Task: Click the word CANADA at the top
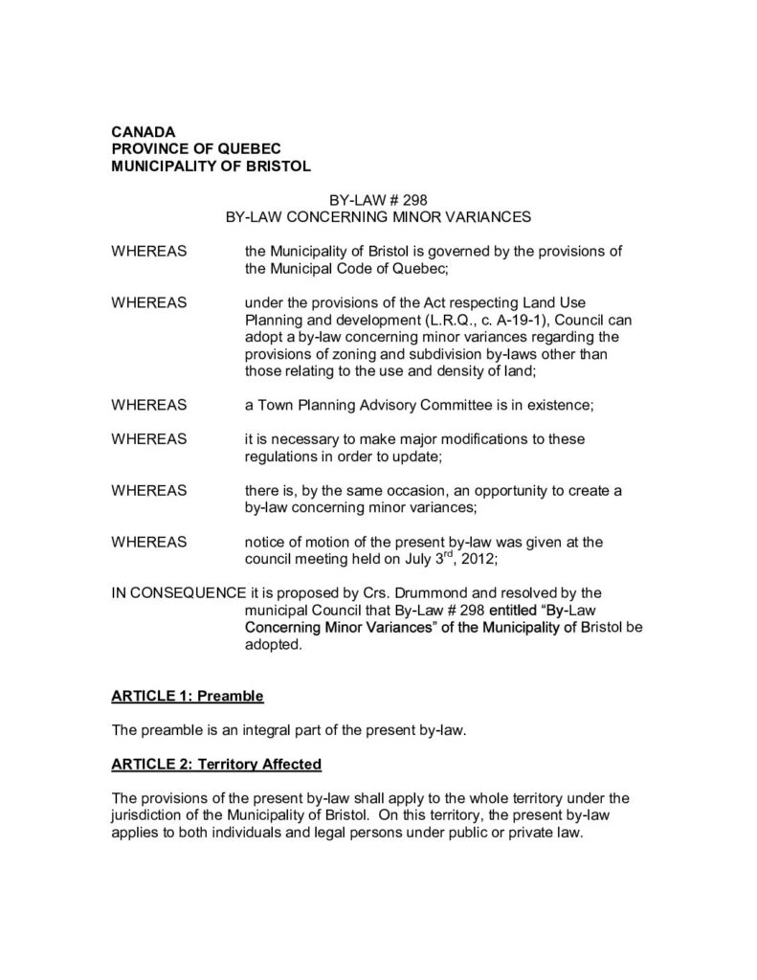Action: click(x=144, y=132)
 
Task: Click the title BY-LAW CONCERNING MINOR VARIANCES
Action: click(x=378, y=217)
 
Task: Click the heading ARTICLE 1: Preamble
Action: click(x=188, y=694)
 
